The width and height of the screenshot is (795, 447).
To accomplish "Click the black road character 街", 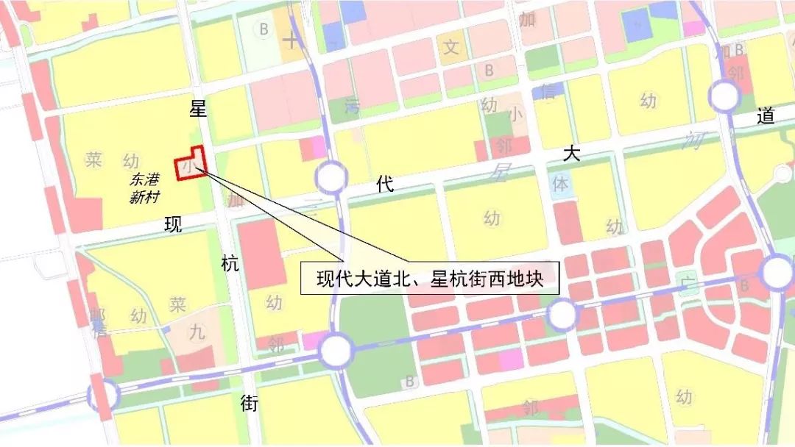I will [250, 403].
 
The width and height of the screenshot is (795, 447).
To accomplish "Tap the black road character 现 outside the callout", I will [173, 225].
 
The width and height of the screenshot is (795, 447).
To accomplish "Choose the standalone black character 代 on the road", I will [384, 184].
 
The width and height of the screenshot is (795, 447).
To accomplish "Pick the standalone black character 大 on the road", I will [572, 154].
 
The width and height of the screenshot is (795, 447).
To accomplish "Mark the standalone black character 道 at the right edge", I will [766, 116].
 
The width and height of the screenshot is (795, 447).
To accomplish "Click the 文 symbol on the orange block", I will [451, 48].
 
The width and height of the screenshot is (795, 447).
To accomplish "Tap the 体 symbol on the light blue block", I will [560, 184].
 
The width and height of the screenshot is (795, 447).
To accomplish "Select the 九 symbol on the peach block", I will [197, 332].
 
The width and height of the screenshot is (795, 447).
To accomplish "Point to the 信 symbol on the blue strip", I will [548, 92].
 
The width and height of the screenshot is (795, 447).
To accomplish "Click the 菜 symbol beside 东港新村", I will [93, 160].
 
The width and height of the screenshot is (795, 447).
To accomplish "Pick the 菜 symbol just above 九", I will [177, 304].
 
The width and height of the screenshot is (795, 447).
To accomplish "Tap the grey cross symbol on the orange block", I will [293, 39].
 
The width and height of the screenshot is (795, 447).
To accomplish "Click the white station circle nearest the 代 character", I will [331, 178].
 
